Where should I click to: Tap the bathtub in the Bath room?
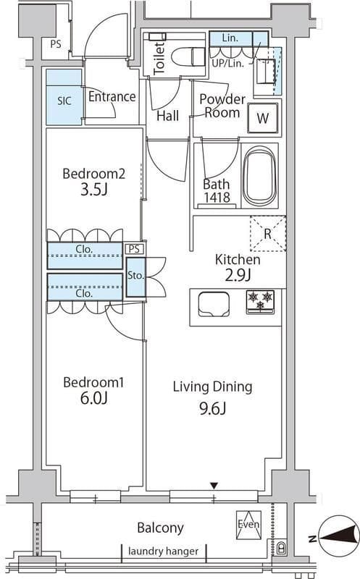[260, 175]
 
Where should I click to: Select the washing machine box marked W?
[263, 118]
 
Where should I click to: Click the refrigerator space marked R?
[268, 234]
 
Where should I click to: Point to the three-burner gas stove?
[260, 302]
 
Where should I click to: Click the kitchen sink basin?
[214, 304]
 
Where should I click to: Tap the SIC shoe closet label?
[64, 101]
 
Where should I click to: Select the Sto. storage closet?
[135, 277]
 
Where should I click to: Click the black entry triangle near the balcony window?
[214, 486]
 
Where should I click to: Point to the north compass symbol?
[339, 538]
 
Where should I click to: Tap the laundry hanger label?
[164, 551]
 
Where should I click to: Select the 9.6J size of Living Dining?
[212, 408]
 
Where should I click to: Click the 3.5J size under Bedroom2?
[94, 190]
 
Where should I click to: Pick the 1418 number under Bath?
[217, 198]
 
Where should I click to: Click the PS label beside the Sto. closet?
[134, 249]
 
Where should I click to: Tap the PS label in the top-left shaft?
[56, 44]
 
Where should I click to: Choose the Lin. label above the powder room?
[230, 38]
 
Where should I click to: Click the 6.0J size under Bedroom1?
[94, 399]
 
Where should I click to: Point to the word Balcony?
[160, 528]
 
